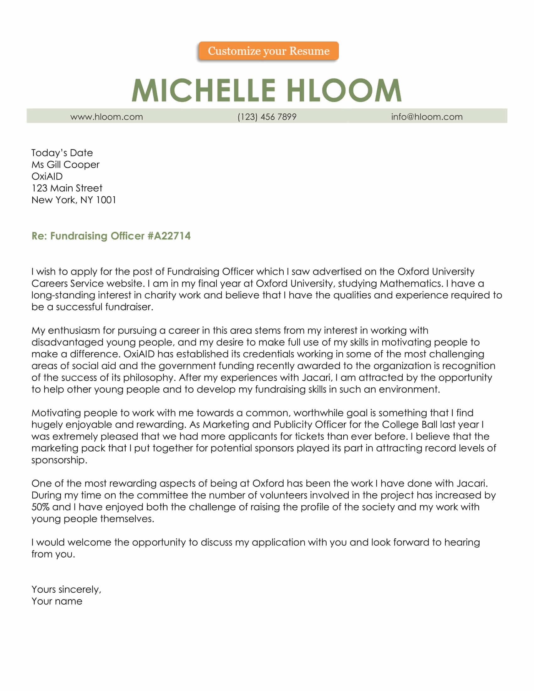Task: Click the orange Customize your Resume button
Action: click(x=268, y=51)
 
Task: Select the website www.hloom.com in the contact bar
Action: click(x=106, y=117)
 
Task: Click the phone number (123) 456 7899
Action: click(x=267, y=117)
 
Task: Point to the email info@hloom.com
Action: click(x=427, y=117)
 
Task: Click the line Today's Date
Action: click(x=62, y=153)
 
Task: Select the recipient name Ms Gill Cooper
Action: click(x=65, y=165)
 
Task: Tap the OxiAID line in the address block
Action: click(x=47, y=176)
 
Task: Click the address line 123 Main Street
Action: click(x=67, y=188)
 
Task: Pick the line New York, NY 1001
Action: click(x=74, y=200)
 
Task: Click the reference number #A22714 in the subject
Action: click(x=169, y=236)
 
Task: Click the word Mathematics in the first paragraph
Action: click(x=411, y=283)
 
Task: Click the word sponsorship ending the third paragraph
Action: click(x=59, y=460)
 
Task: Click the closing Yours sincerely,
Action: click(x=66, y=590)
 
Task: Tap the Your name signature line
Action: click(x=57, y=601)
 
